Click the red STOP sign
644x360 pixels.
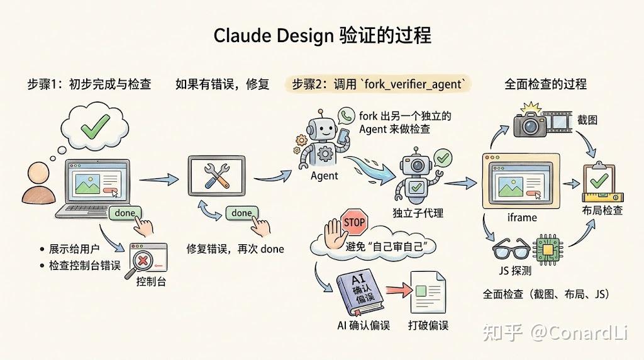tap(355, 222)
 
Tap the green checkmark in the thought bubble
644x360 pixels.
tap(96, 126)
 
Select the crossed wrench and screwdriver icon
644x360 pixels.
tap(216, 176)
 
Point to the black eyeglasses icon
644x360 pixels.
tap(511, 248)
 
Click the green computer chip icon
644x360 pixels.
tap(548, 250)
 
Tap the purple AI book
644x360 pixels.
tap(359, 291)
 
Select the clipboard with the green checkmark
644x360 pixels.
tap(599, 180)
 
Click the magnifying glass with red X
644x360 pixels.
tap(142, 264)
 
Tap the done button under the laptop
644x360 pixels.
tap(125, 213)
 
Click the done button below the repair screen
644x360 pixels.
tap(241, 213)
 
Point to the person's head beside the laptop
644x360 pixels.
tap(38, 173)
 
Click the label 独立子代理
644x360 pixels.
tap(418, 213)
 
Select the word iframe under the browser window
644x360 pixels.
tap(522, 217)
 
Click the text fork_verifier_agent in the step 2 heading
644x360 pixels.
tap(413, 84)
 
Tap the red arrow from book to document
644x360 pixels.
tap(399, 290)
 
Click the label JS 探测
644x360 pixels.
tap(515, 271)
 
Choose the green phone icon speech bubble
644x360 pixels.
tap(347, 116)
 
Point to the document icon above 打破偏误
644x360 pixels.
tap(428, 292)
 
